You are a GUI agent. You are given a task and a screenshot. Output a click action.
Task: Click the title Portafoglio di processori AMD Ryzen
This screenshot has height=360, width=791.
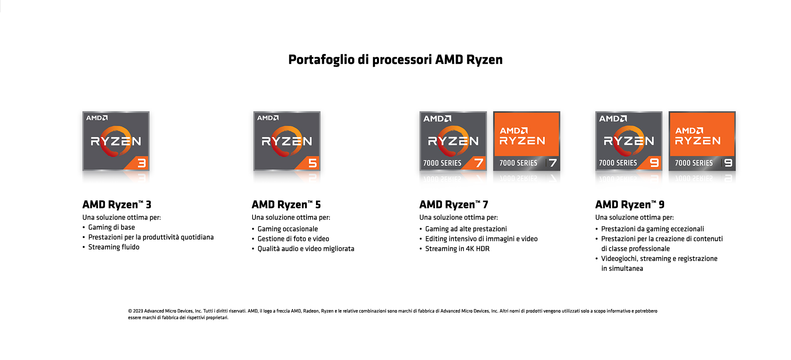[395, 60]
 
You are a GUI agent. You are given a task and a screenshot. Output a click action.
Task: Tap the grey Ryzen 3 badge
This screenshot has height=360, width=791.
[116, 141]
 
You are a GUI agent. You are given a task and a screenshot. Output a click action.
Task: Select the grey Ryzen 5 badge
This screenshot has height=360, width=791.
[287, 141]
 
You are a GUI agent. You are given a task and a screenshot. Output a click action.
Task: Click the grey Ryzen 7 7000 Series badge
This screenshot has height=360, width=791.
[453, 141]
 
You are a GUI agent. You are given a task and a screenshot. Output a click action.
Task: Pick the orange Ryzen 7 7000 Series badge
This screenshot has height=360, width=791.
[527, 141]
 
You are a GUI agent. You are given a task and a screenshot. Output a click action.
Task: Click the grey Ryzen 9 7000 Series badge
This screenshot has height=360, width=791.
[629, 141]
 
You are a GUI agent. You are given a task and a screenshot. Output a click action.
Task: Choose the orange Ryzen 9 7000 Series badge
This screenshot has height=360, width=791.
[702, 141]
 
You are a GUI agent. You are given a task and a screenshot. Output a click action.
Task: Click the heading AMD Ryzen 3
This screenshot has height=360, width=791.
[117, 205]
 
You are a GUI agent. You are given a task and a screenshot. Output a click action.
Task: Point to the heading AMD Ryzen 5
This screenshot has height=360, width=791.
[286, 205]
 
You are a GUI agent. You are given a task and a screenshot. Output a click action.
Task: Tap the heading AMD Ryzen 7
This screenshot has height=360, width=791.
[454, 205]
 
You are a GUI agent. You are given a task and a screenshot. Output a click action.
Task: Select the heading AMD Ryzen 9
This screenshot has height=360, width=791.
[630, 205]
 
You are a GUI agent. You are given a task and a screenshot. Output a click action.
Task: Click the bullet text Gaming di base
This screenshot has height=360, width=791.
[112, 227]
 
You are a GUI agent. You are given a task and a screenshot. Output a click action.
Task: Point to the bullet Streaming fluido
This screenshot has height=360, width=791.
[114, 247]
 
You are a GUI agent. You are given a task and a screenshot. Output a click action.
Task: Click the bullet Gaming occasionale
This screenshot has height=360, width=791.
[288, 229]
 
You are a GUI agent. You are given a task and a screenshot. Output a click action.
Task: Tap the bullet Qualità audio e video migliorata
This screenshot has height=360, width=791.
[306, 249]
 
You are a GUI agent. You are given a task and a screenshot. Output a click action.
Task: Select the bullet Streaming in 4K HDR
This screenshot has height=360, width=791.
[457, 249]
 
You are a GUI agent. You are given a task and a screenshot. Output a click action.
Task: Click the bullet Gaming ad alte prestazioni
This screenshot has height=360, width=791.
[466, 229]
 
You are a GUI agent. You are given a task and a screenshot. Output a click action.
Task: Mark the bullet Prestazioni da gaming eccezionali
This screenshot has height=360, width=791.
[653, 229]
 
